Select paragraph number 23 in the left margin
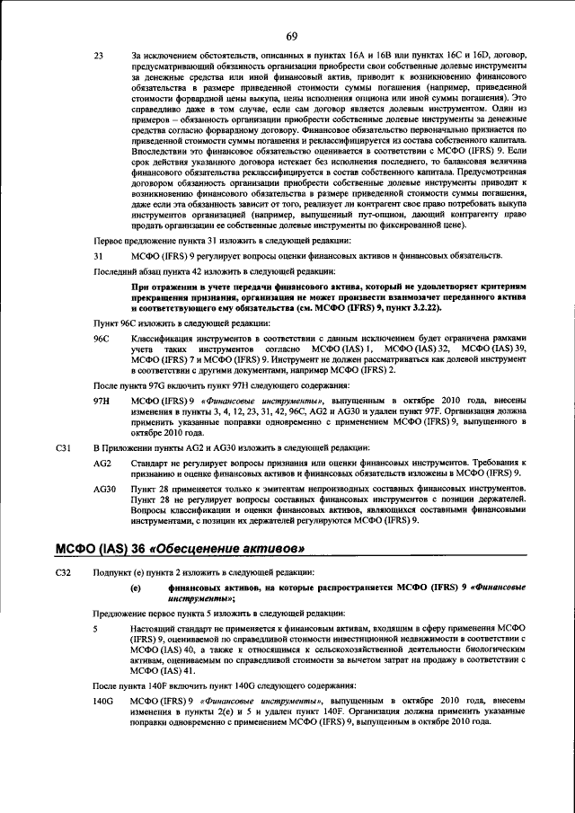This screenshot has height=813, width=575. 100,57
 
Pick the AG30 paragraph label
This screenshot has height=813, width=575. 105,489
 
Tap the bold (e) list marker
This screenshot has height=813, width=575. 136,588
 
